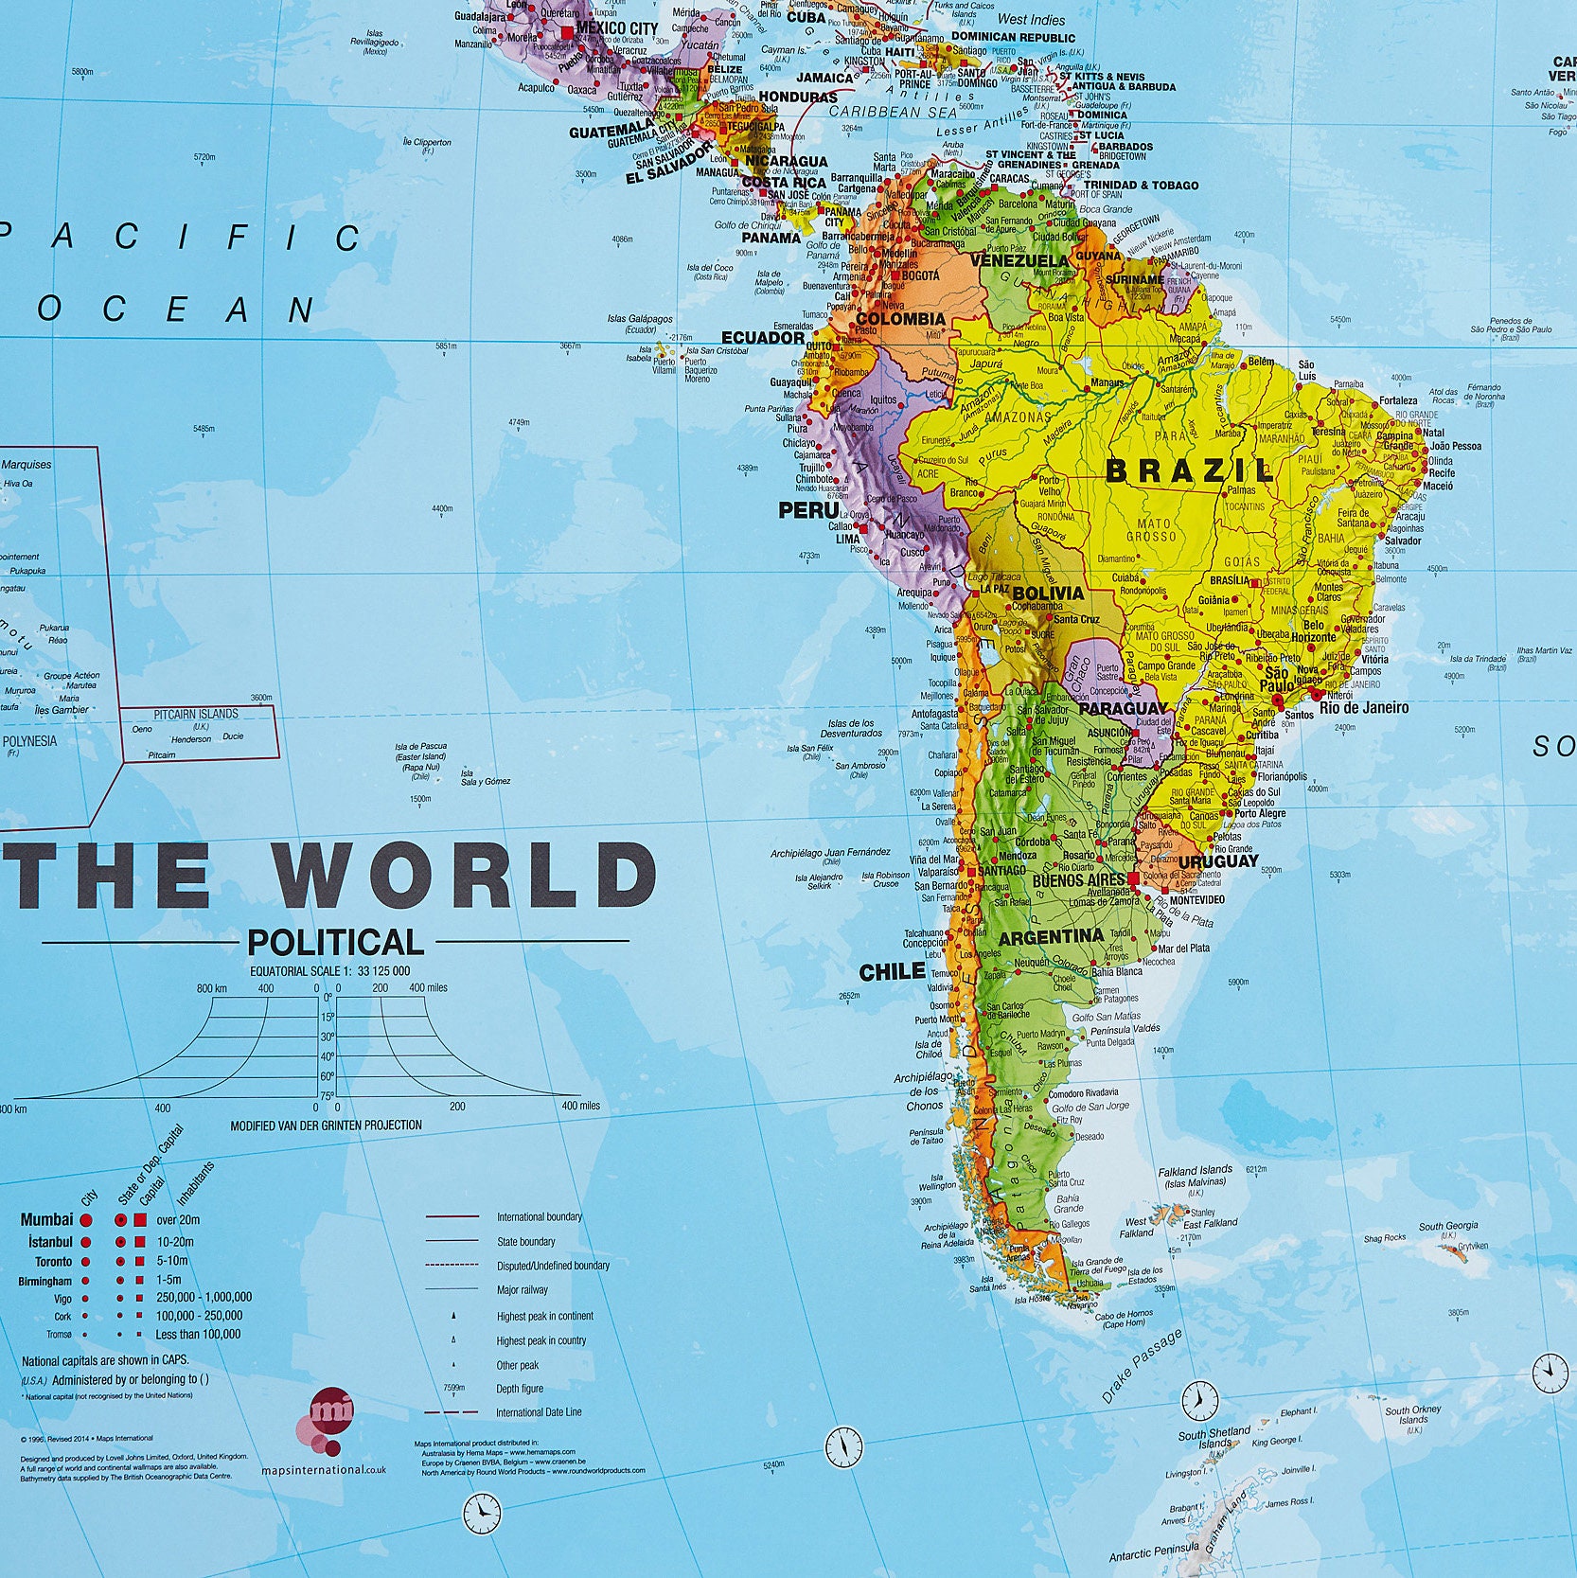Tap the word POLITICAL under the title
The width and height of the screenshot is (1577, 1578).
[x=335, y=942]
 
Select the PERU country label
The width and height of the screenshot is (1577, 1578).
[x=808, y=510]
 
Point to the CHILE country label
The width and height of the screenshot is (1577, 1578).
[x=892, y=971]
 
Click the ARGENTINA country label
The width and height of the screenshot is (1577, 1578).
[x=1052, y=937]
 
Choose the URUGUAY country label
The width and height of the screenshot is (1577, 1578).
[x=1218, y=861]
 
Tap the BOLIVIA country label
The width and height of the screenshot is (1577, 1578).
[x=1048, y=593]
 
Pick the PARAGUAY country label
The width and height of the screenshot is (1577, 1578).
[x=1123, y=708]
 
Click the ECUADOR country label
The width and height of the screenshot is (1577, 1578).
[x=763, y=337]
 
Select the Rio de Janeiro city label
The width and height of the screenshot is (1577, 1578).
[x=1363, y=707]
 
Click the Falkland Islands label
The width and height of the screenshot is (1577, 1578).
[x=1195, y=1171]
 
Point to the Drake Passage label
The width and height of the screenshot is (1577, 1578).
[x=1142, y=1366]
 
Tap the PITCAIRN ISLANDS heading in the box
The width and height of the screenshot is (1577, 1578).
[x=196, y=714]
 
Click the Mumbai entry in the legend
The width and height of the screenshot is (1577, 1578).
[x=46, y=1219]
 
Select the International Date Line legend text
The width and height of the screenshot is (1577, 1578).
[x=539, y=1412]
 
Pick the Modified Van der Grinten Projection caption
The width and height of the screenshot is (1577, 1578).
[x=326, y=1125]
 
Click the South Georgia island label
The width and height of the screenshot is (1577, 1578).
[x=1447, y=1226]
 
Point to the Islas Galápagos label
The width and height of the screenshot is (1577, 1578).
[x=640, y=319]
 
